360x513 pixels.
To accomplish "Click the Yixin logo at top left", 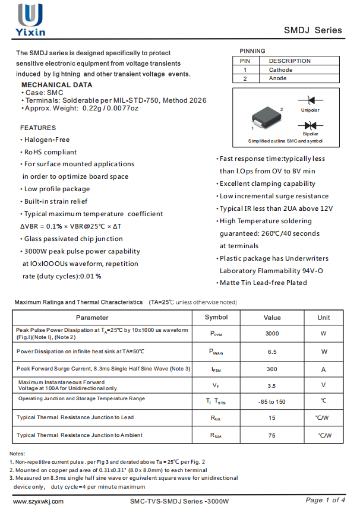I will (x=30, y=19).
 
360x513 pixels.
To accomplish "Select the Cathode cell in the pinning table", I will (x=280, y=70).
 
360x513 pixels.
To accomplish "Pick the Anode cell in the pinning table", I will (x=277, y=78).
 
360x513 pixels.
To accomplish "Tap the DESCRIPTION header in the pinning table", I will (x=289, y=61).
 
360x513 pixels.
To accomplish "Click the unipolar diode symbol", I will (x=310, y=101).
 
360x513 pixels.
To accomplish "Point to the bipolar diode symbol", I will (x=310, y=125).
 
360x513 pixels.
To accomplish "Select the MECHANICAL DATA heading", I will (x=56, y=85).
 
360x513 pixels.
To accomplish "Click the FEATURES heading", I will (x=38, y=128).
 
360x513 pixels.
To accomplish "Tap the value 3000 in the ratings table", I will (x=272, y=334).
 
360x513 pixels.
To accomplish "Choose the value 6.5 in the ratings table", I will (x=272, y=351).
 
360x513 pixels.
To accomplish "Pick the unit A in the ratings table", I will (x=324, y=369).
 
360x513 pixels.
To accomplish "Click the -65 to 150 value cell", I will (x=272, y=402).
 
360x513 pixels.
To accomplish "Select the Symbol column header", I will (x=216, y=318).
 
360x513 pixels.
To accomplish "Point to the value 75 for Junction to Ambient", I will (x=272, y=436).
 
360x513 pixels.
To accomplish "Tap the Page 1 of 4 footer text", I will (x=326, y=500).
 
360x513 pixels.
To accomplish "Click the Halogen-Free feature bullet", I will (x=47, y=140).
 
